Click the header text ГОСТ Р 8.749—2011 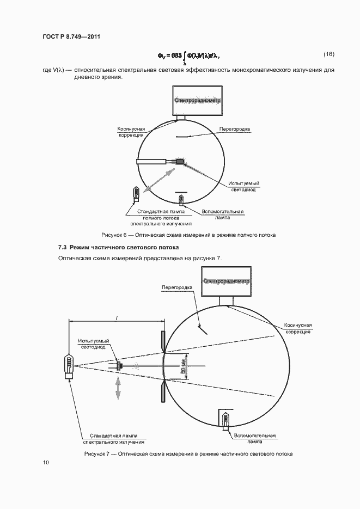pos(71,36)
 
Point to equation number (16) pos(328,54)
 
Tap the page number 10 pos(46,462)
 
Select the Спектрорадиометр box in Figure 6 pos(196,101)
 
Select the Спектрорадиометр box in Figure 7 pos(225,281)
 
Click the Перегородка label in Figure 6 pos(234,129)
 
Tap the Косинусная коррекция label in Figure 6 pos(131,132)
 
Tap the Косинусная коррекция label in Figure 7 pos(297,328)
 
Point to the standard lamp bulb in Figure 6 pos(135,193)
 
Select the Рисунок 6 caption pos(188,235)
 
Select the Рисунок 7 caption pos(188,453)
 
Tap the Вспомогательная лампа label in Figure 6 pos(222,214)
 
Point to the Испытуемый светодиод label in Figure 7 pos(93,344)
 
